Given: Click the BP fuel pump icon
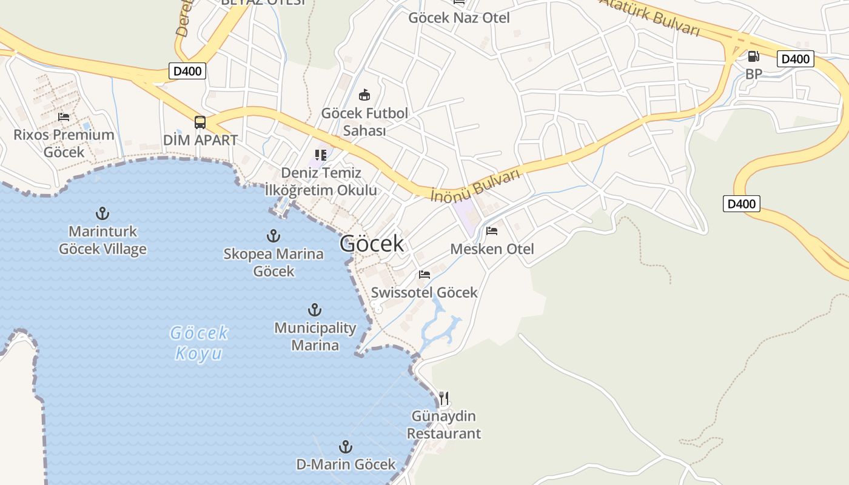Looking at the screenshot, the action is pyautogui.click(x=753, y=56).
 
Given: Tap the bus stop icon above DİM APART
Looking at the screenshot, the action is pyautogui.click(x=200, y=122).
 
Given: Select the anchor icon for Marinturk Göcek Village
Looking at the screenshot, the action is pyautogui.click(x=102, y=213).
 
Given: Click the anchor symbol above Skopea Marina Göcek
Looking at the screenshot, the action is pyautogui.click(x=273, y=235).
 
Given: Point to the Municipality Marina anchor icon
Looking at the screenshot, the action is pyautogui.click(x=314, y=310).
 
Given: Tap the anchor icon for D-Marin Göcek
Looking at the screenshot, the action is pyautogui.click(x=345, y=447).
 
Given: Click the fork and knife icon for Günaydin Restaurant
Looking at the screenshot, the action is pyautogui.click(x=444, y=398).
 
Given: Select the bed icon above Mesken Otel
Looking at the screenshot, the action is pyautogui.click(x=492, y=231).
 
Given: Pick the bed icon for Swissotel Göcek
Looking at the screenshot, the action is pyautogui.click(x=424, y=275).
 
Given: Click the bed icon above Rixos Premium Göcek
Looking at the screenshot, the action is pyautogui.click(x=64, y=117).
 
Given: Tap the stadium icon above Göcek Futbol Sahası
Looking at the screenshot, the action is pyautogui.click(x=364, y=95).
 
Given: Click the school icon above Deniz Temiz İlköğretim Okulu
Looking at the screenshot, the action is pyautogui.click(x=321, y=155).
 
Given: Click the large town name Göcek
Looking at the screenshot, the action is pyautogui.click(x=371, y=244).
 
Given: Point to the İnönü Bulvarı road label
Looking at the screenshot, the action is pyautogui.click(x=475, y=186).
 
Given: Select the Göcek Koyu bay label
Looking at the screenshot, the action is pyautogui.click(x=200, y=343).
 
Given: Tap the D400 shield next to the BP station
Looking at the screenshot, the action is pyautogui.click(x=795, y=59).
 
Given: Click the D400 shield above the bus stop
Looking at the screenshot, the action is pyautogui.click(x=189, y=71).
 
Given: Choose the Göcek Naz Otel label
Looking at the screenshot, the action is pyautogui.click(x=458, y=18).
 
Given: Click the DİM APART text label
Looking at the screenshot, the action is pyautogui.click(x=200, y=140).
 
